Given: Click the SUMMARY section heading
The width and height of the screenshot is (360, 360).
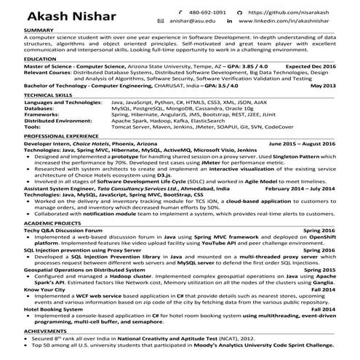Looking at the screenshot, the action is pos(39,31).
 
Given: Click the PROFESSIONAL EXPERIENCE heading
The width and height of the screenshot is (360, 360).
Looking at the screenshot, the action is pos(62,136).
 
